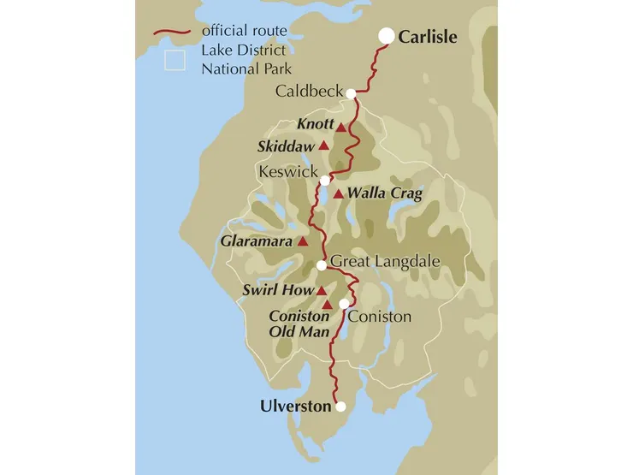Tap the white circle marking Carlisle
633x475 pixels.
coord(387,35)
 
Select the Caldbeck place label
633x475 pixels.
coord(309,92)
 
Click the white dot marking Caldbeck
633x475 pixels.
coord(351,93)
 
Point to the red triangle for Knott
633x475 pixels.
coord(340,128)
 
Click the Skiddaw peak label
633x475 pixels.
coord(286,146)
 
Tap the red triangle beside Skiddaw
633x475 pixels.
coord(323,145)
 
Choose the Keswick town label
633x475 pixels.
coord(287,173)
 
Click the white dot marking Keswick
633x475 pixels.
coord(325,181)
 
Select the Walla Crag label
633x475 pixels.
coord(385,194)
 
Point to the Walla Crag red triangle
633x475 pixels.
coord(339,194)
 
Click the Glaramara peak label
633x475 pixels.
coord(257,241)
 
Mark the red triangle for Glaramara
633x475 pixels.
coord(302,242)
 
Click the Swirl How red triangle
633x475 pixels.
coord(322,291)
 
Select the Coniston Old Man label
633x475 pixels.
coord(299,324)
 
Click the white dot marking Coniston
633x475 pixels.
coord(344,304)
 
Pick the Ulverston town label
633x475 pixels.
coord(295,407)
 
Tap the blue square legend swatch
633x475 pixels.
coord(175,60)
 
